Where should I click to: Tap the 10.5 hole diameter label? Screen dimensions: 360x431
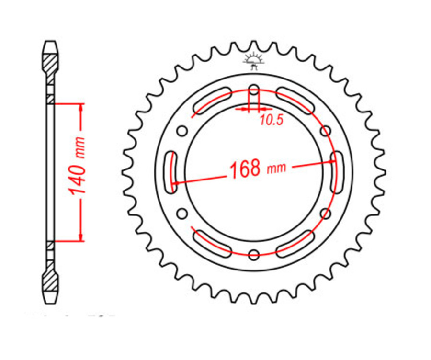(271, 121)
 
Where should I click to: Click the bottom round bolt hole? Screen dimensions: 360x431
(254, 254)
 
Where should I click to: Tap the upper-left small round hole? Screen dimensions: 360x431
(182, 130)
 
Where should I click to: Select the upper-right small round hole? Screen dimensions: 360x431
(326, 130)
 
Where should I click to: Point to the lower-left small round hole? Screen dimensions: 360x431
(182, 213)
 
